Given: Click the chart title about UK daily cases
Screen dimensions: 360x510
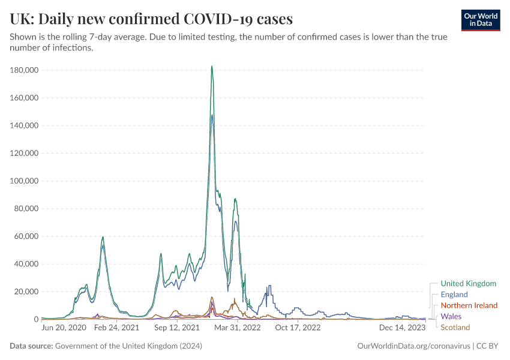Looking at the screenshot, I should (151, 19).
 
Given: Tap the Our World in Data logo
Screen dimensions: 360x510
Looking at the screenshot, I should (480, 20).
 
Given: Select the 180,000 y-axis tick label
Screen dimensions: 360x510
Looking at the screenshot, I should (25, 70).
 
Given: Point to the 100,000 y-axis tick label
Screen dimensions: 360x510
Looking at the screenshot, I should (25, 181).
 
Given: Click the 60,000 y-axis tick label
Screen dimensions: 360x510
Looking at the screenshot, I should (26, 236).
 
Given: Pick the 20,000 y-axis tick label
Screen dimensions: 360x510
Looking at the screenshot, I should (26, 292).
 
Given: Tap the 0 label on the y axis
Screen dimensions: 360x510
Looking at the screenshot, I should (36, 319).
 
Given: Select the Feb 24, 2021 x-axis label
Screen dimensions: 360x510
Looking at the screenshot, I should (117, 328).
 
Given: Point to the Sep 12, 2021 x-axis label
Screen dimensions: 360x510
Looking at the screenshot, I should (177, 328).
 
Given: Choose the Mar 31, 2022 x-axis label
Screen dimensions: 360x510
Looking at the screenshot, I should (238, 328).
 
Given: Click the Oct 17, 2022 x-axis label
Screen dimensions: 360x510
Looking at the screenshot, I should (298, 328).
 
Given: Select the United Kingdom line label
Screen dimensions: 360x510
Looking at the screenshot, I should (468, 283).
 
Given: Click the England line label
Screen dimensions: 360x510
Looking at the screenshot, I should (454, 295).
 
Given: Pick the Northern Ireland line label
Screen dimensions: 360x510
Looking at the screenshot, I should (469, 305).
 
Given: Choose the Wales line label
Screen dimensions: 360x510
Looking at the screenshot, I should (451, 316).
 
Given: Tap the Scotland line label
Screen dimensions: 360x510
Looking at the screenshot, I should (455, 327).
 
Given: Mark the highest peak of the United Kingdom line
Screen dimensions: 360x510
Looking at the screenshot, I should (212, 67).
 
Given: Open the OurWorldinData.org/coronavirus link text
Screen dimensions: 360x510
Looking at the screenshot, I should (413, 346).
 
